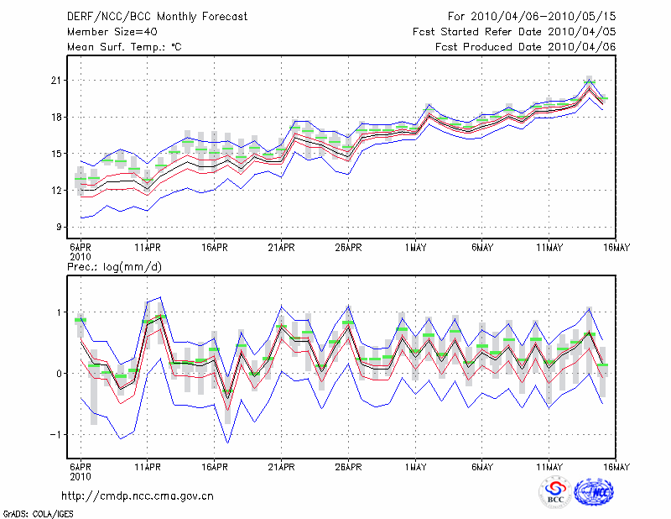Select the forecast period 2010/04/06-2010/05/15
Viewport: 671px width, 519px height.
(x=532, y=16)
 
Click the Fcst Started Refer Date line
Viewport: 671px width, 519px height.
(x=514, y=31)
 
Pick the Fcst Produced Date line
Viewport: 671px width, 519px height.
(x=525, y=47)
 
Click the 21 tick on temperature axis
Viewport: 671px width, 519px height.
(x=57, y=80)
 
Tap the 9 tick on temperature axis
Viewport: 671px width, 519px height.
(x=60, y=227)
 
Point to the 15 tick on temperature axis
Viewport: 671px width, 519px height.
(x=57, y=153)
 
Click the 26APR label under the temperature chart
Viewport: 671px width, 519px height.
(x=348, y=248)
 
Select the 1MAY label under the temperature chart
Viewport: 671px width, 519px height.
(x=415, y=248)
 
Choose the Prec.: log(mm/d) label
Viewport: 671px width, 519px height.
(x=115, y=267)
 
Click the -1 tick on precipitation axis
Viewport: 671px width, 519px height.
(x=55, y=434)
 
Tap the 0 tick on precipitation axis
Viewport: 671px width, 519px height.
(x=59, y=373)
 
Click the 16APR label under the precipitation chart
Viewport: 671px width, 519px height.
(x=214, y=467)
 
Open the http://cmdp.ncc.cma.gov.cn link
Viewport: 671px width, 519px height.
(x=138, y=495)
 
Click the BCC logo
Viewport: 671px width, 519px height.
(x=555, y=491)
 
